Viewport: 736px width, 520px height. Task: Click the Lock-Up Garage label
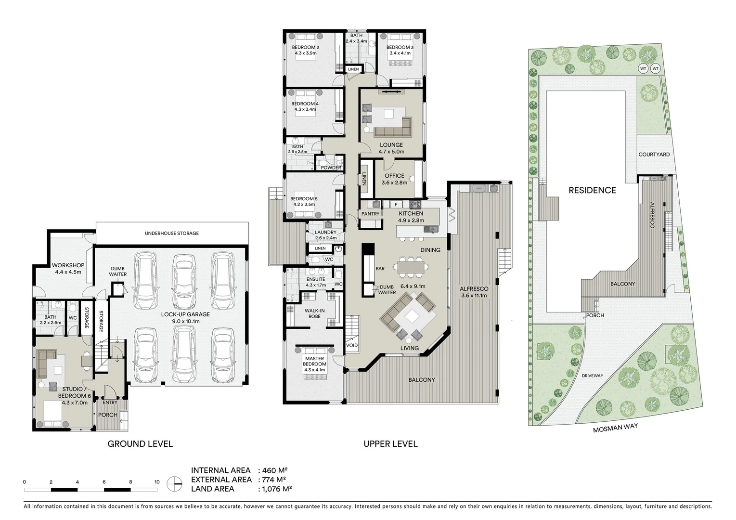185,314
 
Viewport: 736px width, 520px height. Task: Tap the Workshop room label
68,265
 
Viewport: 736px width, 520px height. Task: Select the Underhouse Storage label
172,234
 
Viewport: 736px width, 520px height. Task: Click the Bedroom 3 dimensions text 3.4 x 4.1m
400,53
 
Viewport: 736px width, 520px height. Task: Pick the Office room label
394,176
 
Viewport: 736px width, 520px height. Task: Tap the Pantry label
370,214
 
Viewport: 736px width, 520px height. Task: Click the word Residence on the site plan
592,190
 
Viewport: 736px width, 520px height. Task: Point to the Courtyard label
654,155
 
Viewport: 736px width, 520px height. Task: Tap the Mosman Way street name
615,428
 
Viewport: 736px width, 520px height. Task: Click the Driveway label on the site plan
592,376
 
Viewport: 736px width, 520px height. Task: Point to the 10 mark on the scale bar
157,482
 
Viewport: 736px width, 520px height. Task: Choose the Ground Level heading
140,444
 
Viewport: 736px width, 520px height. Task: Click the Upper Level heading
390,444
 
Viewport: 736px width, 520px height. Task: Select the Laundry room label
325,232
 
